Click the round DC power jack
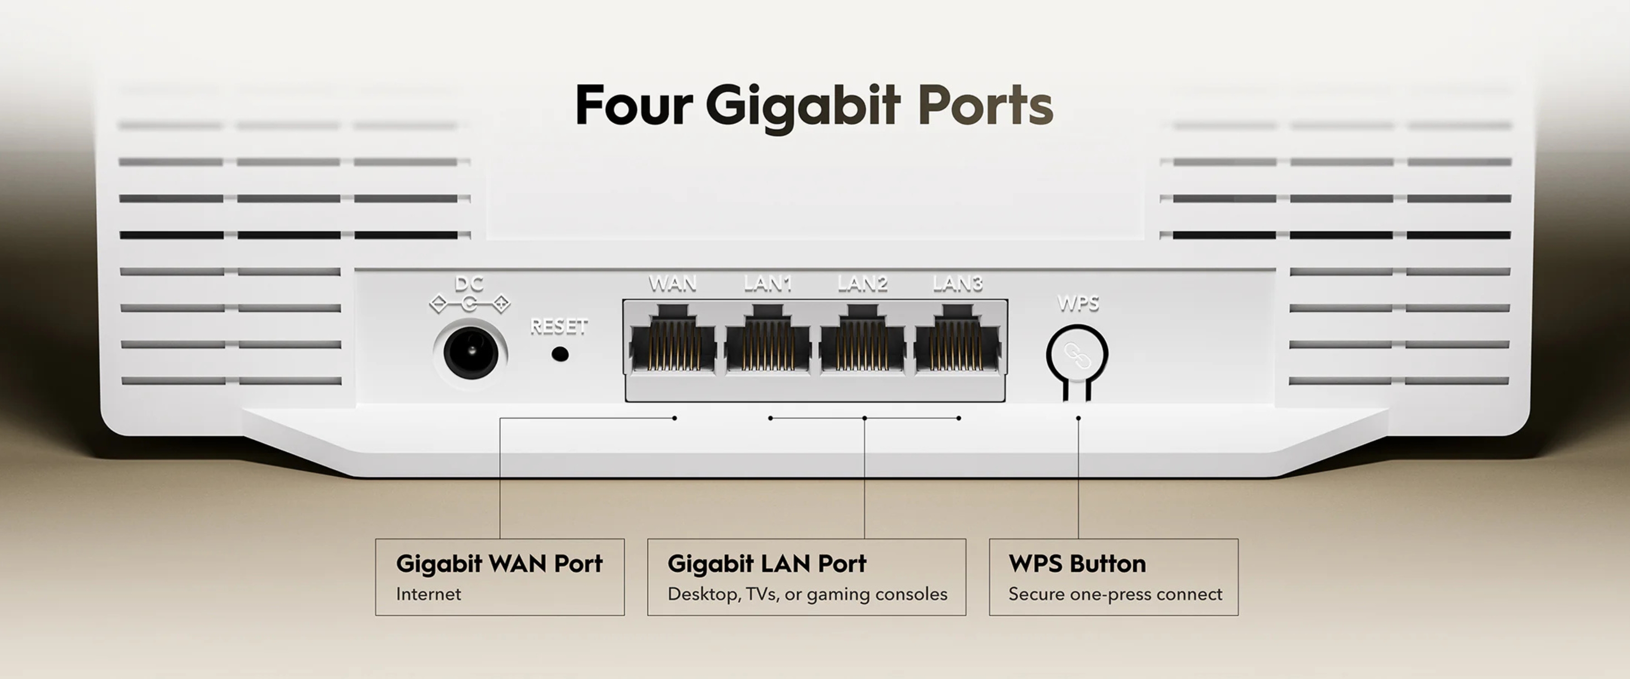(x=471, y=352)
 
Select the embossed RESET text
(x=559, y=326)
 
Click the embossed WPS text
(x=1078, y=304)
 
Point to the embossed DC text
(x=469, y=283)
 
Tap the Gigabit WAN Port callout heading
(x=499, y=563)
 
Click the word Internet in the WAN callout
(x=428, y=594)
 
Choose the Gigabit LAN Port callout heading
(x=767, y=563)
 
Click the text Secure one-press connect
(x=1116, y=594)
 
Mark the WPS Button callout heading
(x=1078, y=563)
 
